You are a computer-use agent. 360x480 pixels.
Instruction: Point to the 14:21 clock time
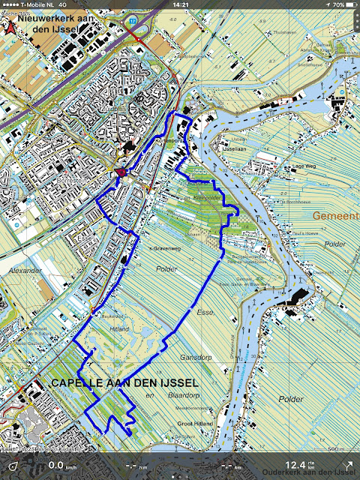pyautogui.click(x=180, y=4)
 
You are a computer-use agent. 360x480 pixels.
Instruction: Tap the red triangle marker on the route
pyautogui.click(x=121, y=173)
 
